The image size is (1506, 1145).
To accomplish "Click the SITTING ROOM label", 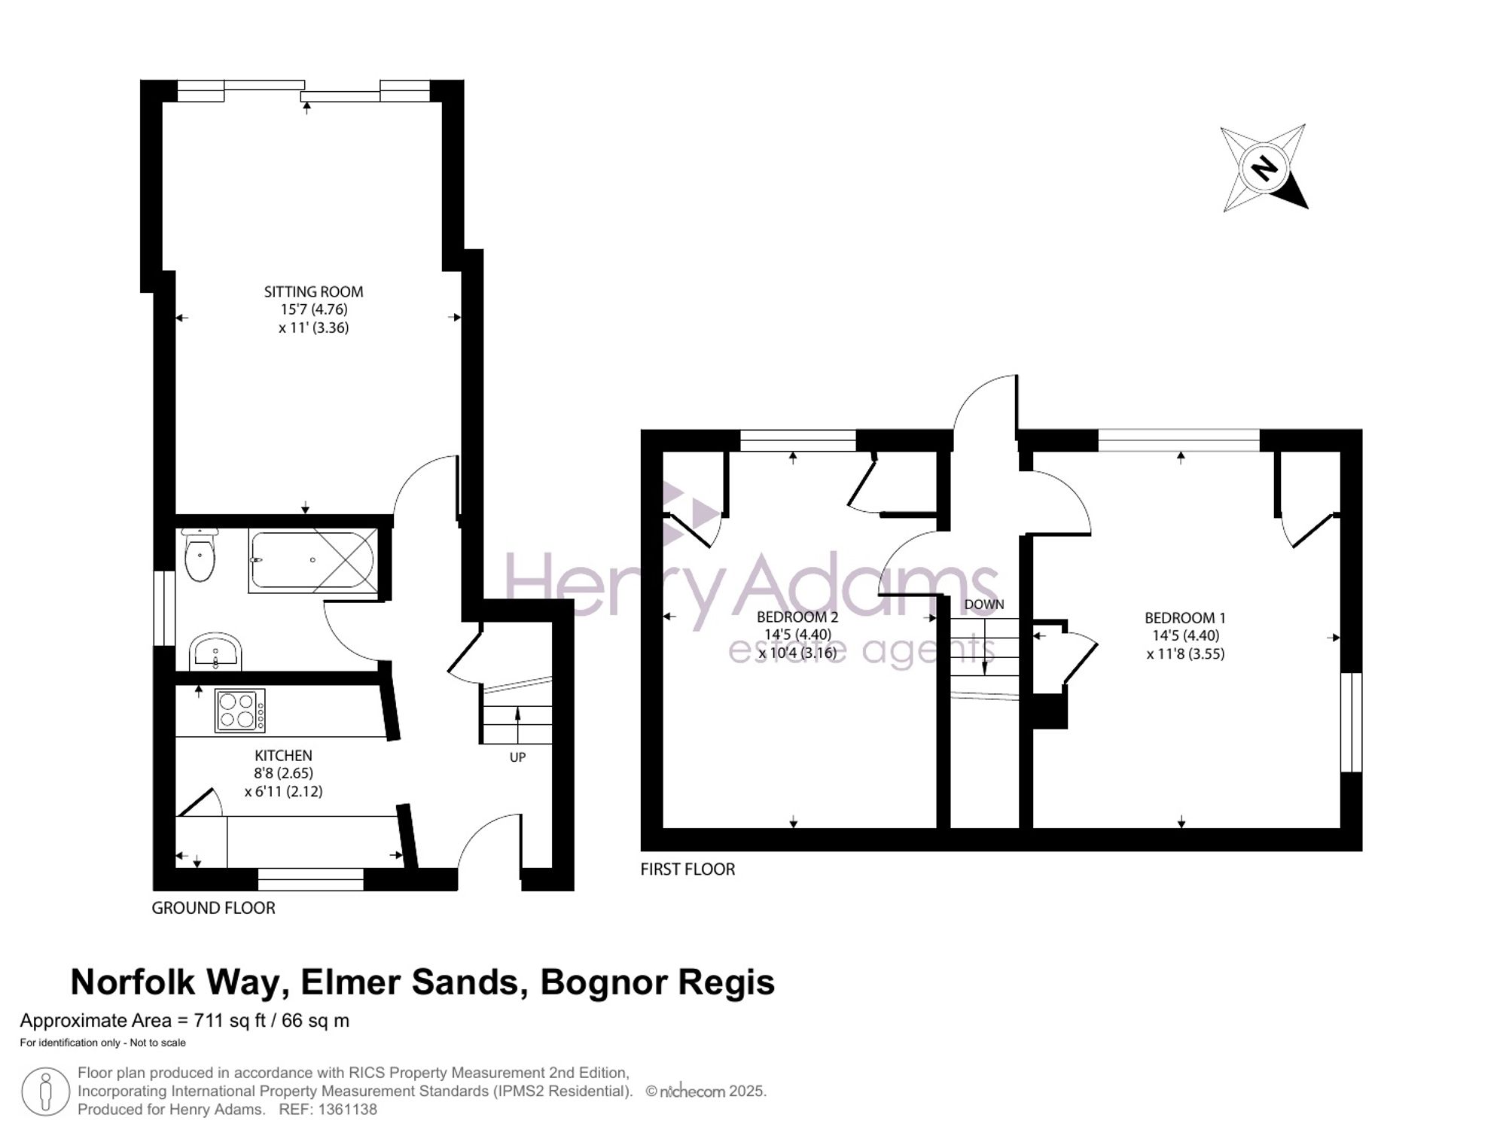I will click(313, 291).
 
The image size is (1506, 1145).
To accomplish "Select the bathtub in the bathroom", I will click(312, 561).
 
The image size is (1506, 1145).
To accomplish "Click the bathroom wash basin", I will click(215, 652).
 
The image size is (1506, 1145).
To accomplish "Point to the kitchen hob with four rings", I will click(239, 711).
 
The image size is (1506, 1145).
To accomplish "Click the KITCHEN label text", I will click(283, 755).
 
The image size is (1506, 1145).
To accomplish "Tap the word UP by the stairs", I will click(517, 757).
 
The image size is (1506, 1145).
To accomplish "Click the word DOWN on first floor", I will click(984, 604).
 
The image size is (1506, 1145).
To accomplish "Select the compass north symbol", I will click(1265, 168).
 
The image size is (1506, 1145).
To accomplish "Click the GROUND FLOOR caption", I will click(213, 908).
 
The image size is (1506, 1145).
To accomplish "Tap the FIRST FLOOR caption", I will click(687, 869).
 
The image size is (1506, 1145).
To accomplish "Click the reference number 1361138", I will click(348, 1109).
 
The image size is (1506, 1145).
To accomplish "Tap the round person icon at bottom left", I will click(45, 1092).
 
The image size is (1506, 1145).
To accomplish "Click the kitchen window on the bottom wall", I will click(310, 879).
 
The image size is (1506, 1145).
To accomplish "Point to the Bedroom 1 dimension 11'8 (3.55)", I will click(1185, 654).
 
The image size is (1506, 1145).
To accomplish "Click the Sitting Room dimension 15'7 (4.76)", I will click(314, 309).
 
